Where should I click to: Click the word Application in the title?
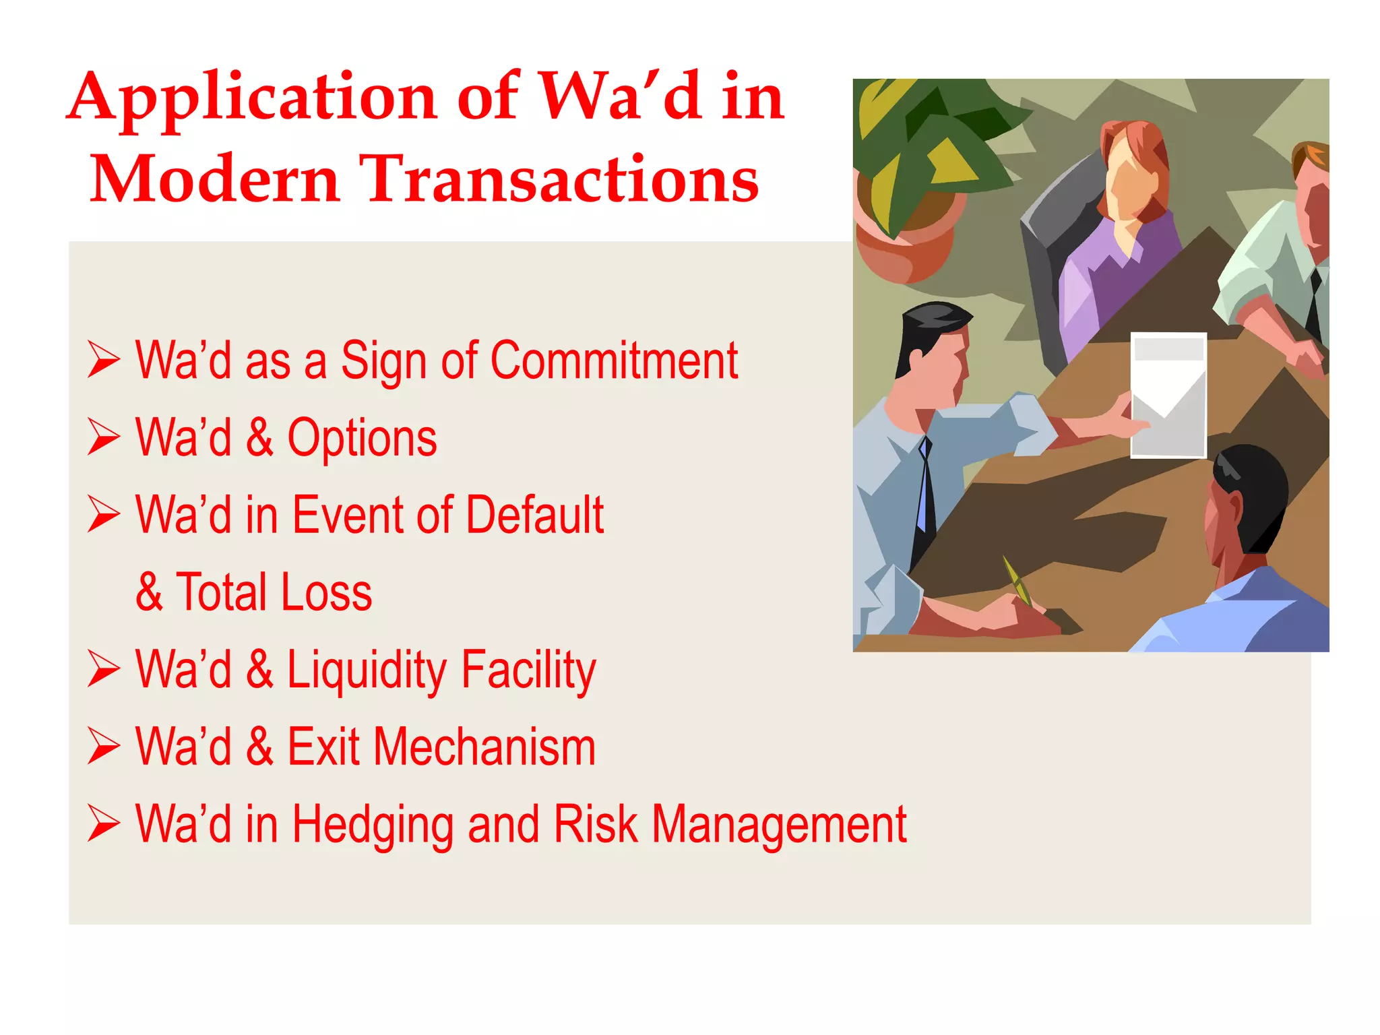click(x=253, y=98)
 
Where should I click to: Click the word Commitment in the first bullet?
click(x=614, y=360)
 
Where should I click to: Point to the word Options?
click(x=362, y=438)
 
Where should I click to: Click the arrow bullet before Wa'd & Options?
click(x=104, y=437)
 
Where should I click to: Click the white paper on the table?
click(x=1168, y=395)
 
